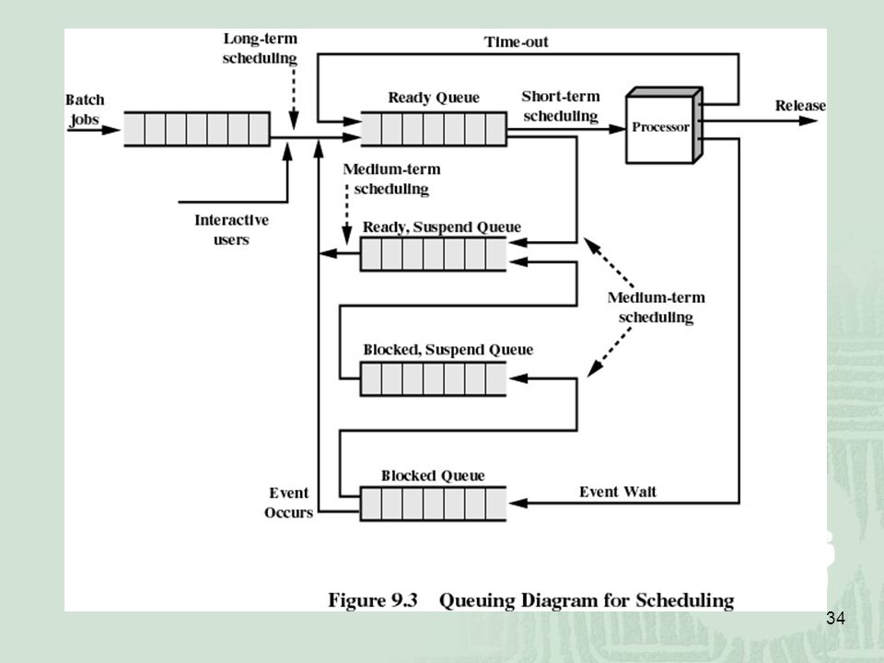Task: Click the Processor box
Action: tap(664, 125)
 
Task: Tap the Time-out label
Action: tap(516, 41)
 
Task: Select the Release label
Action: tap(800, 105)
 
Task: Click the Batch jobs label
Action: tap(85, 110)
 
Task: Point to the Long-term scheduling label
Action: tap(260, 49)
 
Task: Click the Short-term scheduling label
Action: tap(561, 106)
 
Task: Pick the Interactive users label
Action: tap(231, 229)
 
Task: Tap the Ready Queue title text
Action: tap(434, 98)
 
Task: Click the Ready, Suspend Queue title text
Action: tap(441, 227)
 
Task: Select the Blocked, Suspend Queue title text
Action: tap(448, 350)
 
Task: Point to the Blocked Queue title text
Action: tap(433, 475)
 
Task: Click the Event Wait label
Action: tap(618, 492)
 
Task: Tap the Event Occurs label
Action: tap(288, 503)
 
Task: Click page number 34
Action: tap(835, 619)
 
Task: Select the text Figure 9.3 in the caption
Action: tap(373, 599)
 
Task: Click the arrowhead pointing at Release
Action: tap(808, 121)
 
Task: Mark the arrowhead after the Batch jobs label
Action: tap(111, 130)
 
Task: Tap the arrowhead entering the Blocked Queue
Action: tap(518, 503)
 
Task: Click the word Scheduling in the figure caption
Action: tap(685, 600)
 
